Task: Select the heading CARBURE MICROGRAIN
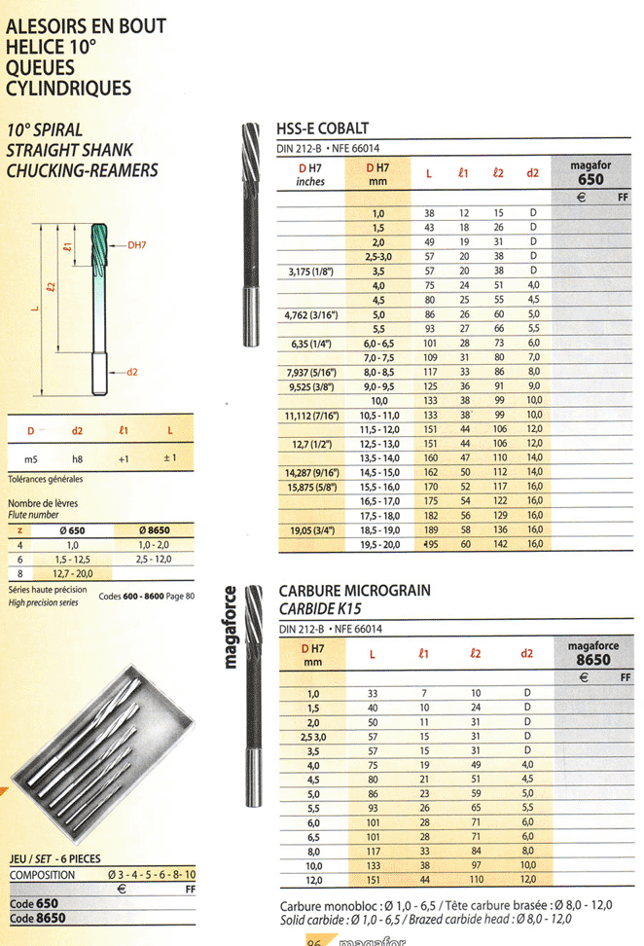(x=354, y=591)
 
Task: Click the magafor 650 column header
(x=590, y=173)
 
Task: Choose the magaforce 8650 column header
(x=592, y=653)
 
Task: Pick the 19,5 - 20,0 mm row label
(x=379, y=546)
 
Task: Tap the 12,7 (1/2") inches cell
(x=310, y=443)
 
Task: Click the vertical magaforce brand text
(x=232, y=628)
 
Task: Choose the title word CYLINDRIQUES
(x=68, y=89)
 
